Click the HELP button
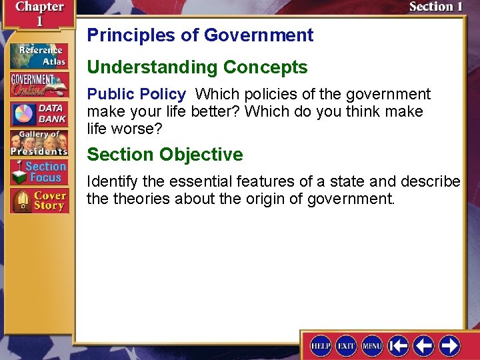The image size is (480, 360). (x=321, y=345)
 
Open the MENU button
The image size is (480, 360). (x=372, y=345)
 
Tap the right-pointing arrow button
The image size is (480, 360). (x=449, y=345)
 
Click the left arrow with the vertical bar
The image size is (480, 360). (x=399, y=345)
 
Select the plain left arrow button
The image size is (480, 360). (x=424, y=345)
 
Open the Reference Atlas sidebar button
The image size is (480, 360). (x=39, y=56)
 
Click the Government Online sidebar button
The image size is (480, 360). (x=39, y=85)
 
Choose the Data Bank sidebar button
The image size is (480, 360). (x=39, y=113)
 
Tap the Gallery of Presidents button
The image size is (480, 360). (x=39, y=142)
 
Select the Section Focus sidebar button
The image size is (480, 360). (x=39, y=172)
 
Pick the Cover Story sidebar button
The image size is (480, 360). (x=39, y=201)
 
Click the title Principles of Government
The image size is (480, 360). (x=200, y=35)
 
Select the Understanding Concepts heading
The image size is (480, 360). (x=197, y=67)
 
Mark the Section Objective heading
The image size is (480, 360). (x=165, y=155)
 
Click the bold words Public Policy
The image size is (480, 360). (x=136, y=94)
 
